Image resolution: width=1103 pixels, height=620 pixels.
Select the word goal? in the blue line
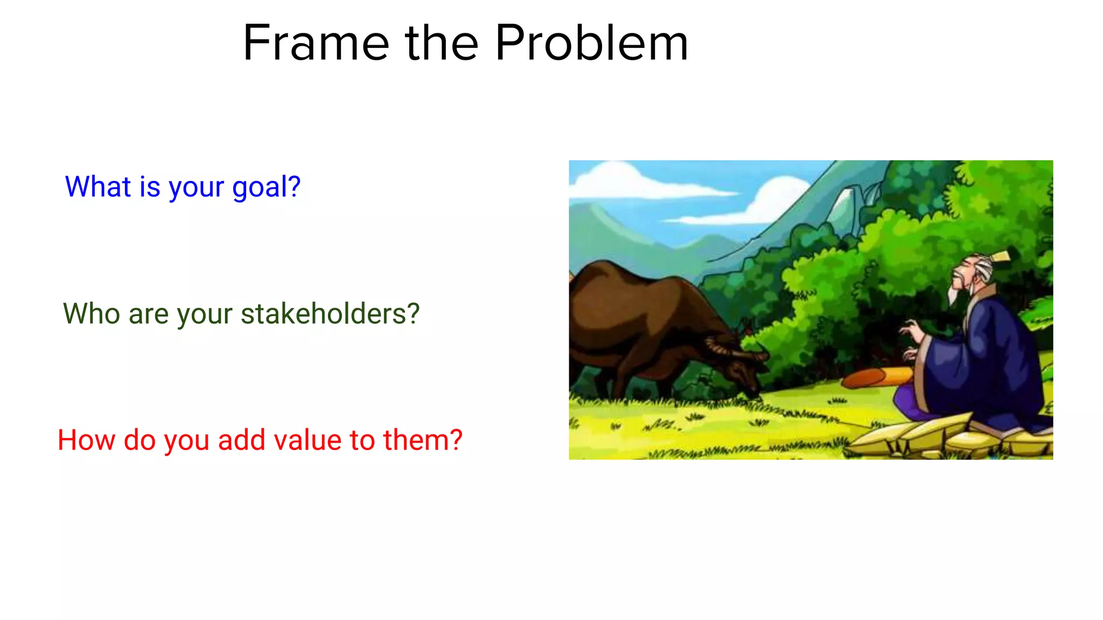point(266,187)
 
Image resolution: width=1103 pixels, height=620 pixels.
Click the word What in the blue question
point(98,187)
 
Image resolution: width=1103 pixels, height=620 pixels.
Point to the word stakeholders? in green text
point(330,314)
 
